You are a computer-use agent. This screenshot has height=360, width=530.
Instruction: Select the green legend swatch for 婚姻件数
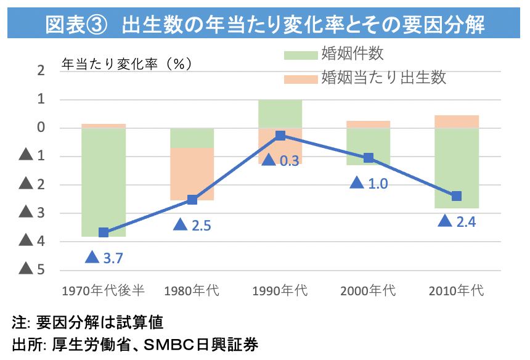click(x=301, y=54)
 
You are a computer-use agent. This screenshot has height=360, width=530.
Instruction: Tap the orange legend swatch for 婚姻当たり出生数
click(x=301, y=78)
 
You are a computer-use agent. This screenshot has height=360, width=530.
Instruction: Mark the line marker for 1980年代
click(x=192, y=199)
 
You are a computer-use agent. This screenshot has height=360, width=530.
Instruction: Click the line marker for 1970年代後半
click(x=104, y=232)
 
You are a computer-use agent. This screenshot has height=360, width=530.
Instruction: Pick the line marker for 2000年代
click(x=369, y=158)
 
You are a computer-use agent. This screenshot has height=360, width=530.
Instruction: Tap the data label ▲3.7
click(x=104, y=258)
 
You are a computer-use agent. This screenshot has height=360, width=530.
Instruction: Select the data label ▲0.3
click(x=280, y=160)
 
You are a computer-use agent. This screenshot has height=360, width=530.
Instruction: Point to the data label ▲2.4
click(x=457, y=221)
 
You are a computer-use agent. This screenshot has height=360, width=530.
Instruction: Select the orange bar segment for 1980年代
click(x=192, y=174)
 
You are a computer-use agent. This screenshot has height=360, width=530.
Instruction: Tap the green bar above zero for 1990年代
click(x=280, y=113)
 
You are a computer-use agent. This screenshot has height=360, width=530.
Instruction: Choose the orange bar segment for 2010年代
click(x=457, y=121)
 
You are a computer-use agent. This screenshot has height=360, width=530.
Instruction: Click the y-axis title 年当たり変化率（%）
click(x=126, y=63)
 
